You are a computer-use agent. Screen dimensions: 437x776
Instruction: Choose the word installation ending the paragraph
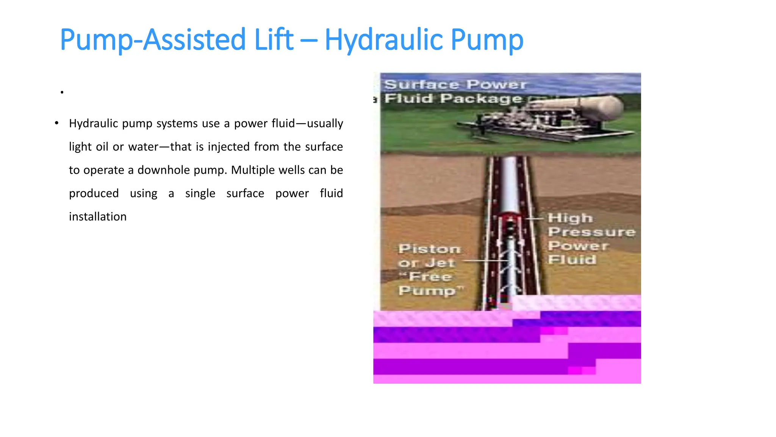(x=98, y=217)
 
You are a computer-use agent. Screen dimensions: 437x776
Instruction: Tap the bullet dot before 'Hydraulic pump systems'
(x=56, y=123)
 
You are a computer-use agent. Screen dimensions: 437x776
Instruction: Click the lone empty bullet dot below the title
(x=62, y=92)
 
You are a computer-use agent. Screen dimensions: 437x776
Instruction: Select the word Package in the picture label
(x=481, y=99)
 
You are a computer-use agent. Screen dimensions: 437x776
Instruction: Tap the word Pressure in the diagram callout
(x=591, y=232)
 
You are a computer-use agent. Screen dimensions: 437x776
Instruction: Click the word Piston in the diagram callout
(x=429, y=249)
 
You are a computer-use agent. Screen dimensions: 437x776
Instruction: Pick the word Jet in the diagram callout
(x=440, y=263)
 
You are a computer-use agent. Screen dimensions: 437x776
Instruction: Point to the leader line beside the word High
(x=535, y=219)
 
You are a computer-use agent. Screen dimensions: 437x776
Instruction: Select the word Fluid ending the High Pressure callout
(x=572, y=260)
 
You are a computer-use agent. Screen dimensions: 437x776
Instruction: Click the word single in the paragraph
(x=200, y=193)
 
